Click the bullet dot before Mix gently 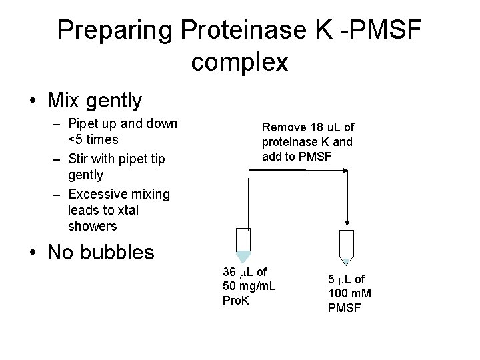point(33,101)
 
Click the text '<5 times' point(93,139)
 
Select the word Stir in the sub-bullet point(81,159)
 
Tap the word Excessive point(97,194)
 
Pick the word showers point(92,226)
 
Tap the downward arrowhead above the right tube point(347,221)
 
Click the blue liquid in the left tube point(244,257)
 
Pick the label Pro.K point(236,301)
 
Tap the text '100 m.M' point(349,293)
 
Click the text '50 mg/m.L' point(249,286)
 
